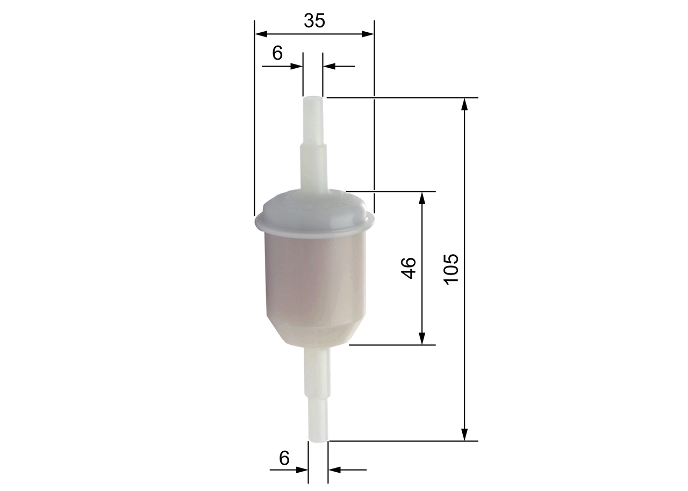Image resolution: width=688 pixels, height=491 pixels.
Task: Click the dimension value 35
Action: (314, 20)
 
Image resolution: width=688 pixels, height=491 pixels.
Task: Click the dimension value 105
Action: (451, 269)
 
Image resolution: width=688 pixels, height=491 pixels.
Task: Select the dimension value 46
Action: (409, 268)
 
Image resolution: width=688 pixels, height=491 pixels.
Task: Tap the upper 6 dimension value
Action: (277, 53)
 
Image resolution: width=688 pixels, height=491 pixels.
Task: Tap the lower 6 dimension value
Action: (284, 458)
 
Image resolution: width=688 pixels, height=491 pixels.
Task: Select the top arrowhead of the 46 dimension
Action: (422, 198)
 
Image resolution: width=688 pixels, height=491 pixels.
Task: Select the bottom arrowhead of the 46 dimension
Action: (422, 338)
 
